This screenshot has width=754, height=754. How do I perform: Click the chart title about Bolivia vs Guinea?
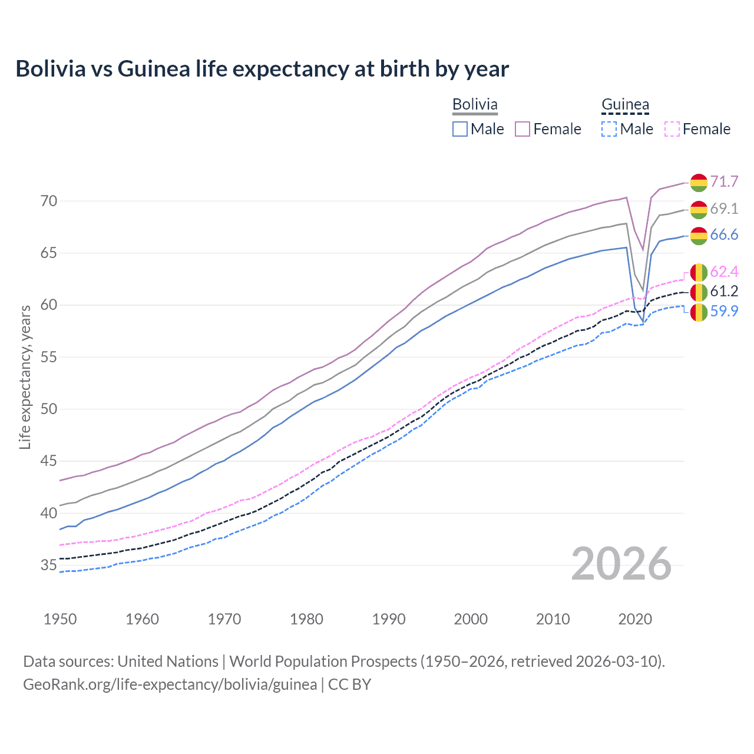[262, 69]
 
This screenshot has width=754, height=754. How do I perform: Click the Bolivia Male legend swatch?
[460, 129]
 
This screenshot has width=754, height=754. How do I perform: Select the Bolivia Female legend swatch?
[522, 129]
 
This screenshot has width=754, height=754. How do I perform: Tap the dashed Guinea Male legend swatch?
[609, 129]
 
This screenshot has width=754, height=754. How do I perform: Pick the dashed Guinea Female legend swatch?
[672, 129]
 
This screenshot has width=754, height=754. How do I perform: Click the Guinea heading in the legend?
[625, 104]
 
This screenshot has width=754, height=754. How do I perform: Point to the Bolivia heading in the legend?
[475, 104]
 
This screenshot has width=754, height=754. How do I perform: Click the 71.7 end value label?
[724, 181]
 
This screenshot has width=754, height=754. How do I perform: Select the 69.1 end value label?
[724, 209]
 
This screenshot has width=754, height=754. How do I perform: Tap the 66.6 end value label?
[724, 235]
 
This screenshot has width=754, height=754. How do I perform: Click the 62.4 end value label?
[724, 272]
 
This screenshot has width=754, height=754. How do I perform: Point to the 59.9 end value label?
[724, 311]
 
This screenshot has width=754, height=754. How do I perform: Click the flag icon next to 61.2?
[699, 292]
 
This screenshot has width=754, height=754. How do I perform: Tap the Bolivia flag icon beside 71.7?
[699, 183]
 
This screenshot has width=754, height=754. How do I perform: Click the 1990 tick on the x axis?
[389, 619]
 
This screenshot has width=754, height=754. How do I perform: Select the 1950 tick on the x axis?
[61, 619]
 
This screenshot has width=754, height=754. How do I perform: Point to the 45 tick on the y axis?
[49, 461]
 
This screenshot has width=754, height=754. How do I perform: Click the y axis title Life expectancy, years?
[25, 377]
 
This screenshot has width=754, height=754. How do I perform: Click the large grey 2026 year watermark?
[621, 564]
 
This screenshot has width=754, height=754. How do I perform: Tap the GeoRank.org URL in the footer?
[170, 684]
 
